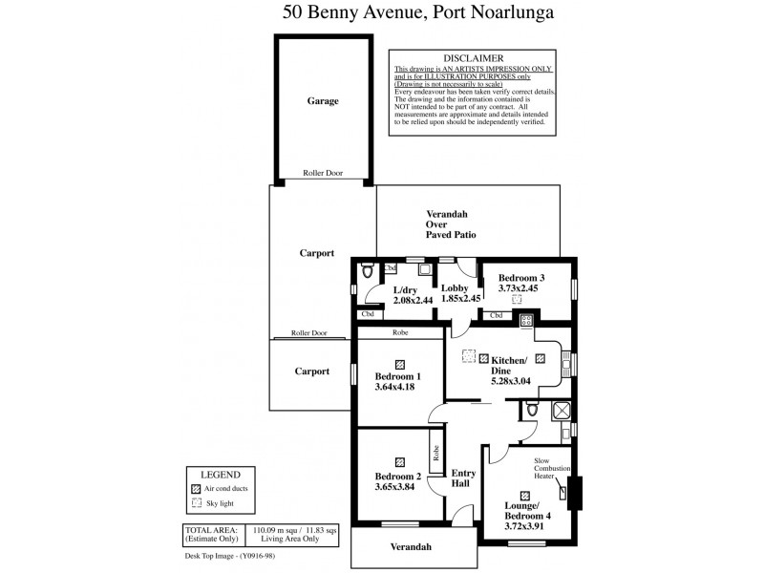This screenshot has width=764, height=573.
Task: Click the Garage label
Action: (322, 100)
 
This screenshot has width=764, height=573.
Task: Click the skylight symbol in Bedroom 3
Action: (518, 299)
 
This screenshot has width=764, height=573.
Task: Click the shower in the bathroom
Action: (562, 411)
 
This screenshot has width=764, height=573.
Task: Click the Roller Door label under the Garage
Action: (322, 174)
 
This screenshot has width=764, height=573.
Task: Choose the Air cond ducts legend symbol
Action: (197, 487)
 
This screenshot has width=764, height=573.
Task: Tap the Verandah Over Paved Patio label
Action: (451, 223)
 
